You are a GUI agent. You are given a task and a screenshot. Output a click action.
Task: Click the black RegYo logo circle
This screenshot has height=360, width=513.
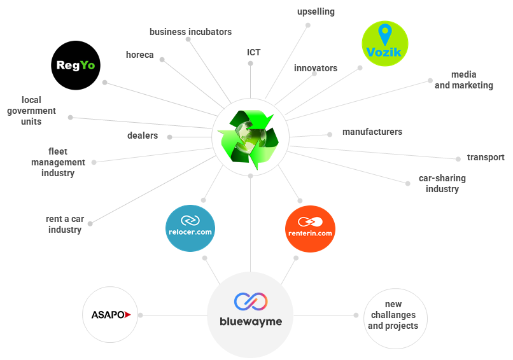(x=76, y=65)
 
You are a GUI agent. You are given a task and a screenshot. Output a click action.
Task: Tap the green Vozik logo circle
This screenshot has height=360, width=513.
(x=384, y=43)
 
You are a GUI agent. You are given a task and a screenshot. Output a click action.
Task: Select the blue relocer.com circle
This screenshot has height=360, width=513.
(x=190, y=228)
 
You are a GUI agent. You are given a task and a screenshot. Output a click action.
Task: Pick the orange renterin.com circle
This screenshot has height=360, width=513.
(x=310, y=229)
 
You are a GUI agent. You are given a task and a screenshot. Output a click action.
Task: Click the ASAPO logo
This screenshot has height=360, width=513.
(x=111, y=315)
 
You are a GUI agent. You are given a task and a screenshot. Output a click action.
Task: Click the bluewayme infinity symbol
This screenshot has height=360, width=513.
(x=251, y=301)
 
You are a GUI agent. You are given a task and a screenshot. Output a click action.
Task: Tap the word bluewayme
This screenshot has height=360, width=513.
(x=251, y=322)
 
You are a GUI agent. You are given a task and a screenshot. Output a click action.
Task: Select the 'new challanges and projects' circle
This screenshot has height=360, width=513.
(x=395, y=319)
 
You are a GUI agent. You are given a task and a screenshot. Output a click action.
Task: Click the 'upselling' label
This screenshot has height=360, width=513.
(x=316, y=12)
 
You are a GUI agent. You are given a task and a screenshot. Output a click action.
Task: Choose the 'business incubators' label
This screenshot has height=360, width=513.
(x=190, y=32)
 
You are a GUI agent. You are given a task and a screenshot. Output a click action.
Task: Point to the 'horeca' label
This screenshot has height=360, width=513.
(x=139, y=55)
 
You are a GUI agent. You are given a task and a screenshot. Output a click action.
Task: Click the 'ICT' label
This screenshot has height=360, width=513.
(x=253, y=52)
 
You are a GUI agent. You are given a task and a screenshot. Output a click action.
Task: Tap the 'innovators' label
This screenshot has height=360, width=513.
(x=316, y=68)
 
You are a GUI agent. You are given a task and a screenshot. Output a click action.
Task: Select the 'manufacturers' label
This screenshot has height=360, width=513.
(x=372, y=132)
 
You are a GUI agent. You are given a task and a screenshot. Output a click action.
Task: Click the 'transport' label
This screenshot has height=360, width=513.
(x=486, y=157)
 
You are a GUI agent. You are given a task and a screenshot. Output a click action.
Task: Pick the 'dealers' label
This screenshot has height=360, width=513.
(x=143, y=135)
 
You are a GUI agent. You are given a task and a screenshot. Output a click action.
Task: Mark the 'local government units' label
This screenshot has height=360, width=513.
(x=31, y=111)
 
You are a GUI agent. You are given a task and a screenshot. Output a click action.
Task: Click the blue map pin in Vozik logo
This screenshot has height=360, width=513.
(x=384, y=34)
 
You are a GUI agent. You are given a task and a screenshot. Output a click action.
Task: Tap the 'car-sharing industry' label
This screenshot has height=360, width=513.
(x=442, y=183)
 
